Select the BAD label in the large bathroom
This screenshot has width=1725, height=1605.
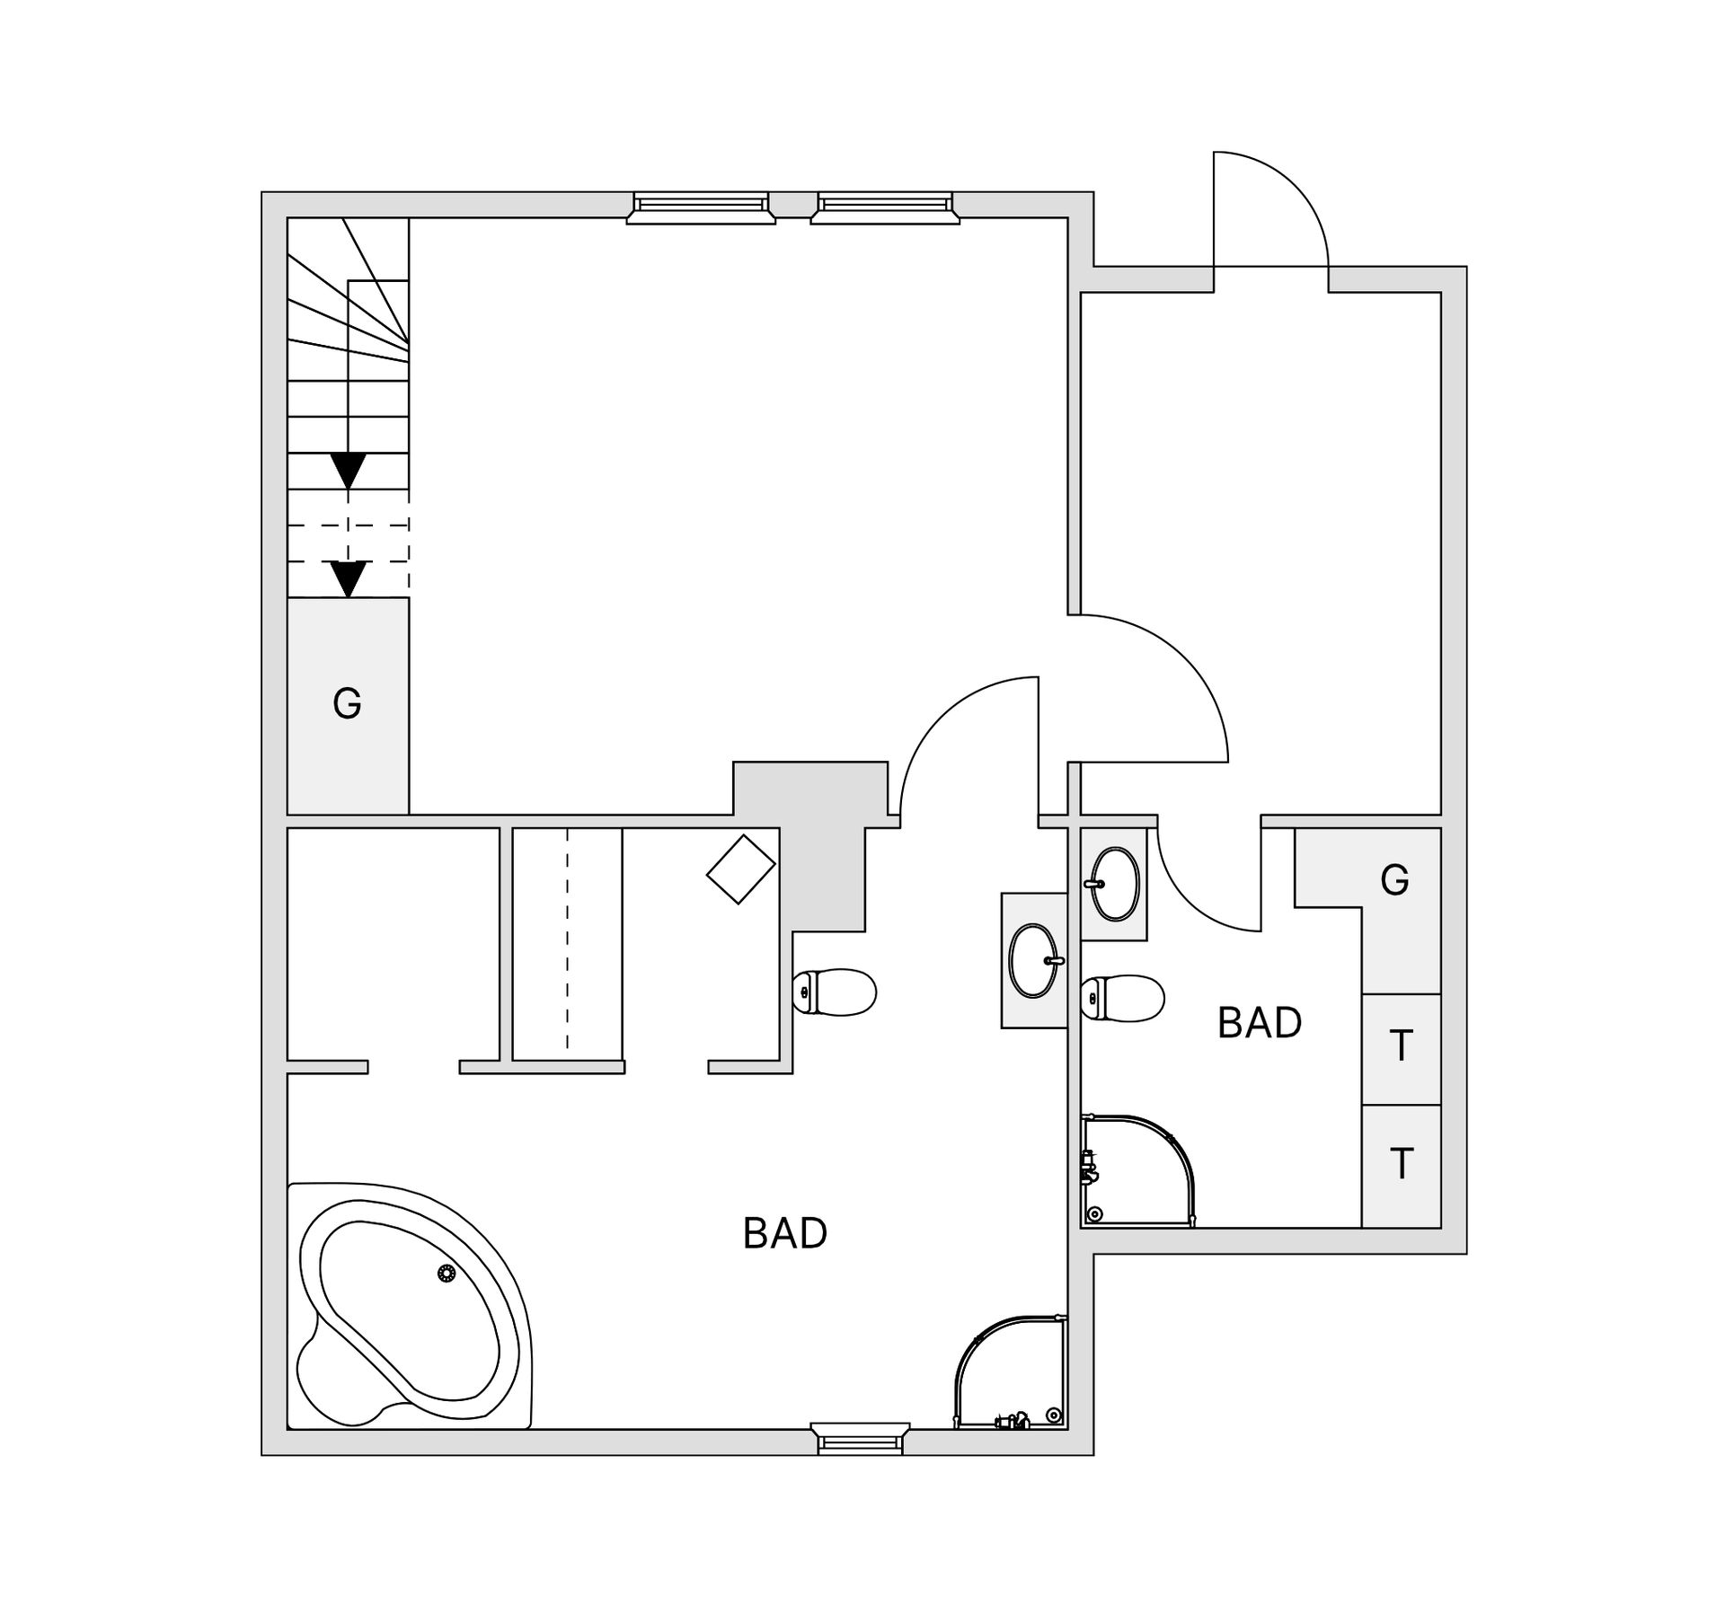784,1234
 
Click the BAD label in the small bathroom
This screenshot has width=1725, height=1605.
1259,1023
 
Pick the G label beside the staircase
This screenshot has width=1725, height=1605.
347,703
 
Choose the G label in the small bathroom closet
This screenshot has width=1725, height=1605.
1394,880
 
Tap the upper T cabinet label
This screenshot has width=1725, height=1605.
1401,1046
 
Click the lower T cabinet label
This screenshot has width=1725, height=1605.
1401,1164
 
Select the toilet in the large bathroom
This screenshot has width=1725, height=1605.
835,992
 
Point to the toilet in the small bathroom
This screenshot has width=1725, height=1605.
1123,998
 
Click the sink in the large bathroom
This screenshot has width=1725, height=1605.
1034,960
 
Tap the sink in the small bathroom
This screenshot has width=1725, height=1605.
1114,884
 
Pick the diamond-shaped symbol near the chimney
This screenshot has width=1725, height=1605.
740,869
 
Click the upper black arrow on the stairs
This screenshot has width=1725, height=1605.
348,470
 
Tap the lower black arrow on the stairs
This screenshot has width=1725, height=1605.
348,578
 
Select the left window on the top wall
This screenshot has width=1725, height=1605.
701,207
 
